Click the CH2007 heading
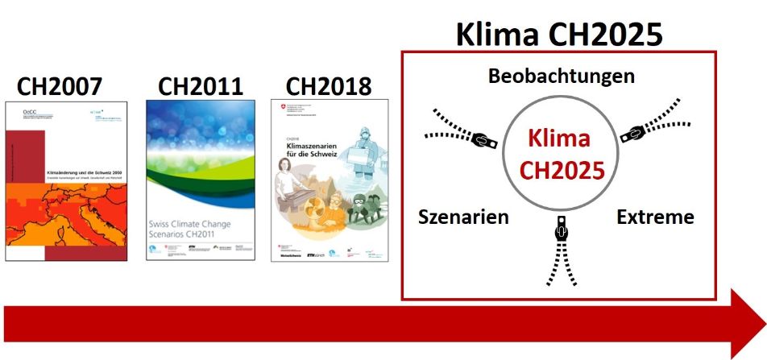[x=64, y=86]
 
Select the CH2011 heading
[x=200, y=86]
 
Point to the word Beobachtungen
[x=561, y=77]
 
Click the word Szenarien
[x=463, y=217]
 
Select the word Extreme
[x=655, y=217]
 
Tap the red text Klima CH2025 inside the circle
[x=558, y=154]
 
